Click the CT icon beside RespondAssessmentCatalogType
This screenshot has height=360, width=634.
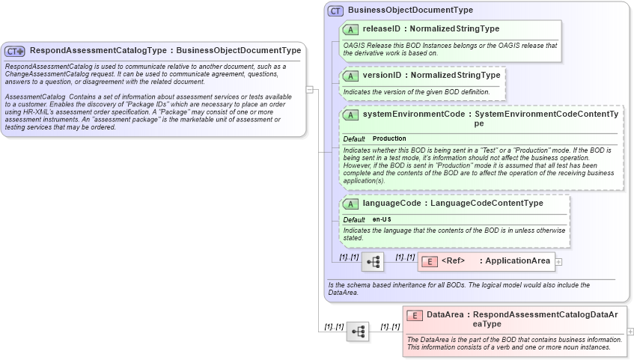(x=15, y=51)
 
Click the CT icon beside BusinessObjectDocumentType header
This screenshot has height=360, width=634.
(x=336, y=10)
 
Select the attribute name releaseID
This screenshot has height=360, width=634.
(x=382, y=29)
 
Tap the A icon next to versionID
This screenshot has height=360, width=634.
(x=350, y=76)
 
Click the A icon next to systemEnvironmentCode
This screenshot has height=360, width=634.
(x=350, y=115)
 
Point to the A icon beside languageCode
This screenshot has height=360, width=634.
(x=350, y=204)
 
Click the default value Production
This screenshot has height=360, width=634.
(x=389, y=138)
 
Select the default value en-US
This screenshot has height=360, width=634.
(x=382, y=219)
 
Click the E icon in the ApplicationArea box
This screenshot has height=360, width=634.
(x=430, y=261)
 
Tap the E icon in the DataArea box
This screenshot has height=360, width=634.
(x=415, y=316)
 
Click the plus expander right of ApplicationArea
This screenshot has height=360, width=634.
(x=558, y=261)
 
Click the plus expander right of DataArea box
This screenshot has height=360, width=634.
(x=630, y=331)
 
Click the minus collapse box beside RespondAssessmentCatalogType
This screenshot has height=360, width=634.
(x=309, y=89)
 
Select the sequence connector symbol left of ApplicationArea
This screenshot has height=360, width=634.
(x=373, y=262)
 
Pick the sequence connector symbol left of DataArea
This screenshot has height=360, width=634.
(x=358, y=331)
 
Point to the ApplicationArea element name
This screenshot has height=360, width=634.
(x=517, y=261)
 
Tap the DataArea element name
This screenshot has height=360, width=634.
(x=445, y=315)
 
